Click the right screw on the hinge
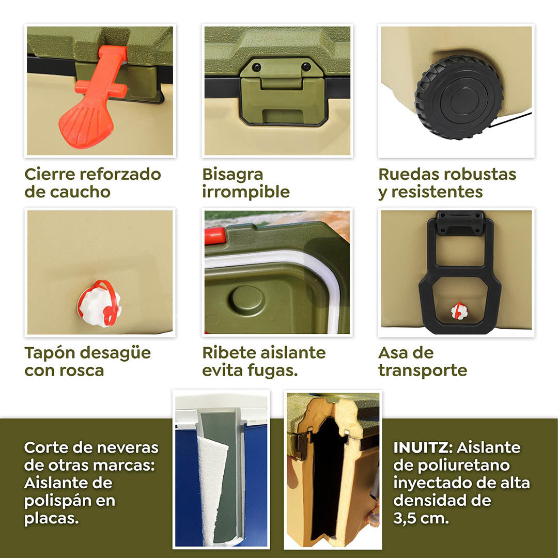[306, 67]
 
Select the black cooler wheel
[459, 98]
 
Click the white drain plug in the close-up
[100, 304]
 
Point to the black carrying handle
[459, 274]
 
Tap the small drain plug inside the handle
[459, 311]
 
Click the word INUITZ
[423, 447]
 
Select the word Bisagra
[233, 175]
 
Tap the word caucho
[80, 192]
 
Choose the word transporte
[422, 370]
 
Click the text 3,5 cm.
[421, 518]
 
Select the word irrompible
[246, 192]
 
